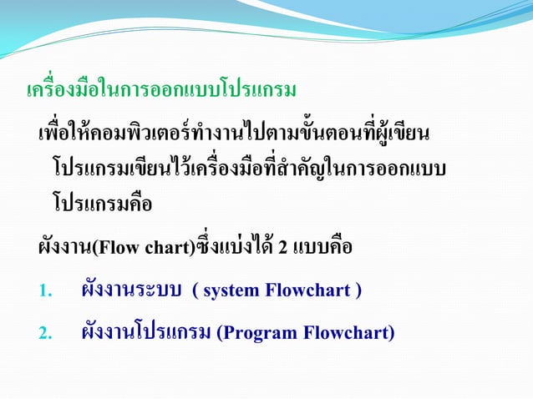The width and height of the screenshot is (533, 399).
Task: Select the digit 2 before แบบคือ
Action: coord(282,249)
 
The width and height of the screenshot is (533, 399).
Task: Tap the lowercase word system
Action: coord(231,291)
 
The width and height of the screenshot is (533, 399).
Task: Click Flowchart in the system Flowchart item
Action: coord(309,291)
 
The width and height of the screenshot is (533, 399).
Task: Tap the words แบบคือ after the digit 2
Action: coord(322,248)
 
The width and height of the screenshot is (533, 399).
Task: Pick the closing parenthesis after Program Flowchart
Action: coord(391,333)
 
